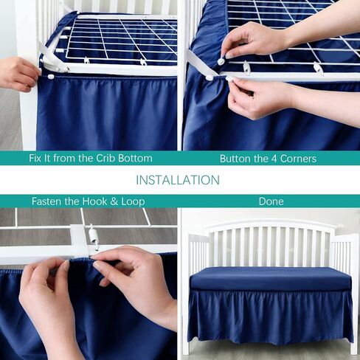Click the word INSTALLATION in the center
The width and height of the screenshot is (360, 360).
[178, 180]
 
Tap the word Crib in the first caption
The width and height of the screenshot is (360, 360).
[105, 158]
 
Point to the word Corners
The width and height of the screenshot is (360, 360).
[298, 159]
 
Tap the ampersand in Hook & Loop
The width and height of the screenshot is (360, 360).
[114, 201]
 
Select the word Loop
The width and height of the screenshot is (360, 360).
[133, 201]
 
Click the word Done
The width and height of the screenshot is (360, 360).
[271, 201]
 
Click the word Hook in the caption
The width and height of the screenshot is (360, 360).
[94, 201]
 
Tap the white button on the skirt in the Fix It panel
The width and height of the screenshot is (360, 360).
[51, 77]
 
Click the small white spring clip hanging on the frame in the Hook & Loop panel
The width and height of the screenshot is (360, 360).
[92, 238]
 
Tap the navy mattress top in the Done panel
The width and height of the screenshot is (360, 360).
[271, 278]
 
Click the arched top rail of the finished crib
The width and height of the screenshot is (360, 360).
[271, 223]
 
